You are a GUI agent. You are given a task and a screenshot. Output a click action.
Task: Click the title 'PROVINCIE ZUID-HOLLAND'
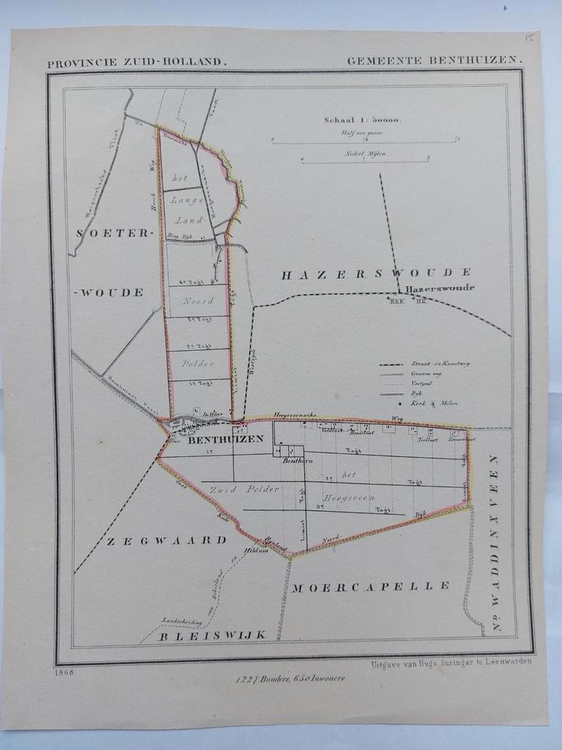tap(137, 63)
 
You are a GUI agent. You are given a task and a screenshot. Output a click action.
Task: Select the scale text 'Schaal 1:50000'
tap(362, 120)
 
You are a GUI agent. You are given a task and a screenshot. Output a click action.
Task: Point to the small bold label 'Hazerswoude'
tap(439, 288)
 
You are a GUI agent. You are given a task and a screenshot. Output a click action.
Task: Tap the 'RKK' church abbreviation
tap(397, 300)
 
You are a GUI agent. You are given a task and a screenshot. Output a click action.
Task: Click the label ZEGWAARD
tap(168, 541)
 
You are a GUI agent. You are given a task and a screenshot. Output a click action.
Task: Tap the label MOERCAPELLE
tap(371, 586)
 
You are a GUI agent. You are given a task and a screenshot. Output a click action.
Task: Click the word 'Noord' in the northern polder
tap(198, 301)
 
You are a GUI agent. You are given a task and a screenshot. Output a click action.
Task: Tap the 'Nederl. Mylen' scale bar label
tap(366, 154)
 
